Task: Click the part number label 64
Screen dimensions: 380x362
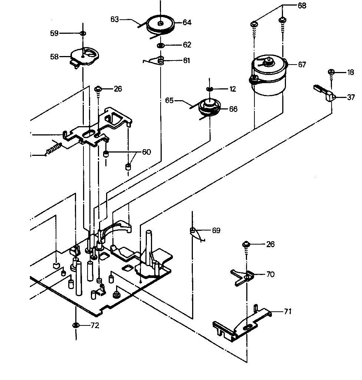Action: point(187,23)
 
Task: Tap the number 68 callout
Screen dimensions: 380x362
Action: point(302,6)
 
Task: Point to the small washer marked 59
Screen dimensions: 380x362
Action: point(83,33)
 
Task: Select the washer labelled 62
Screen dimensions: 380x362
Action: point(161,45)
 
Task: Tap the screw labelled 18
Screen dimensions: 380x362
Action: point(331,72)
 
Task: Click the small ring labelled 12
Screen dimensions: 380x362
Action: point(210,89)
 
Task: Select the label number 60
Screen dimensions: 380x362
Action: point(147,153)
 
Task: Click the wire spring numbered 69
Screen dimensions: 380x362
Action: point(195,233)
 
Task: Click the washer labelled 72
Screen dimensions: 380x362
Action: point(76,325)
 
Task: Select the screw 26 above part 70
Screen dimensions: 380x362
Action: point(246,245)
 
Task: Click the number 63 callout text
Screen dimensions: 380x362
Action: point(115,19)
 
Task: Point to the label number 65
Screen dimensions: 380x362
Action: point(170,100)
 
